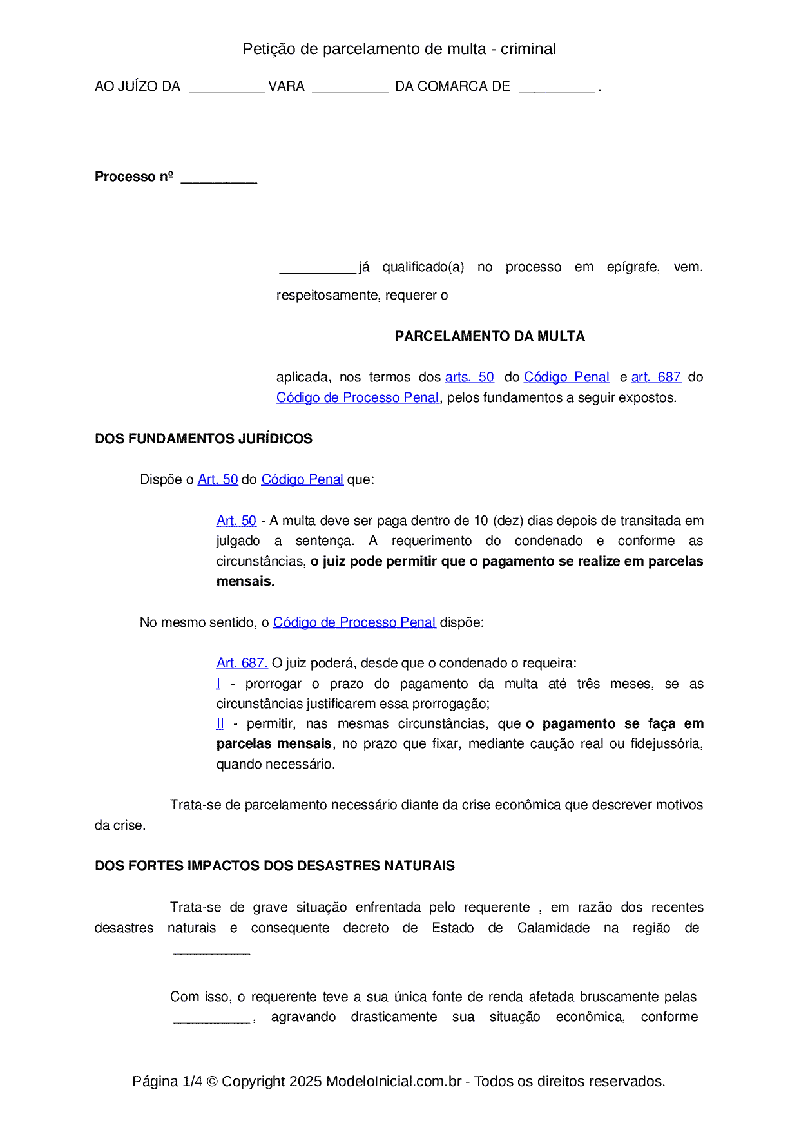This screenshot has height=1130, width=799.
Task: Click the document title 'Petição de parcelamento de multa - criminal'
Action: click(x=399, y=49)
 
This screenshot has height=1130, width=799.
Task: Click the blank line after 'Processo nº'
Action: click(x=219, y=179)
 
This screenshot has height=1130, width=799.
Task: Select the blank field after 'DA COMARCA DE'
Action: click(x=557, y=89)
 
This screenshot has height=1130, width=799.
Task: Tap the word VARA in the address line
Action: click(x=286, y=86)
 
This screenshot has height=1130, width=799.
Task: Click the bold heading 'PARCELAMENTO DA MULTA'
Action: click(x=490, y=336)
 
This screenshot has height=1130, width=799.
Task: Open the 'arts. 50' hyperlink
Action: click(x=469, y=378)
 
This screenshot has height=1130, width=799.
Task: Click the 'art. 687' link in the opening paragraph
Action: click(x=656, y=378)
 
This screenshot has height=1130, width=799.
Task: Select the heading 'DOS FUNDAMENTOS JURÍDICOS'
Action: click(x=204, y=439)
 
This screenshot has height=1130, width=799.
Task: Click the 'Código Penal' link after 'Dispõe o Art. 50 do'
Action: click(x=302, y=480)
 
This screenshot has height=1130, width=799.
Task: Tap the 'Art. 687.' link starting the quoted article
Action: click(x=242, y=664)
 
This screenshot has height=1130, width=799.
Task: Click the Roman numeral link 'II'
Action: click(x=220, y=724)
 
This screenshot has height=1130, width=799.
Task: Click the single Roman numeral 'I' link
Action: click(x=218, y=684)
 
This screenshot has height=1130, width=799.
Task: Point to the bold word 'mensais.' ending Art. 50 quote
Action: click(x=245, y=582)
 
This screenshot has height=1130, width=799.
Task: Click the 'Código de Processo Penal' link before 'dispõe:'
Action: click(x=354, y=623)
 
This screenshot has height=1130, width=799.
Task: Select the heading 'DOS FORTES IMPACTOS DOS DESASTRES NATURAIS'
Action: click(x=274, y=866)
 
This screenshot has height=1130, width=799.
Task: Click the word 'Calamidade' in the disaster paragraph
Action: click(x=553, y=928)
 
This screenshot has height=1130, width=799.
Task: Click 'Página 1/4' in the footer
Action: click(x=167, y=1082)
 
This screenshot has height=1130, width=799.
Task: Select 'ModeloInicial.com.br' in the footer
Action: click(x=394, y=1082)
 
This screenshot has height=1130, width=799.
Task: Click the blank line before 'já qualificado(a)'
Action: click(x=317, y=269)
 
